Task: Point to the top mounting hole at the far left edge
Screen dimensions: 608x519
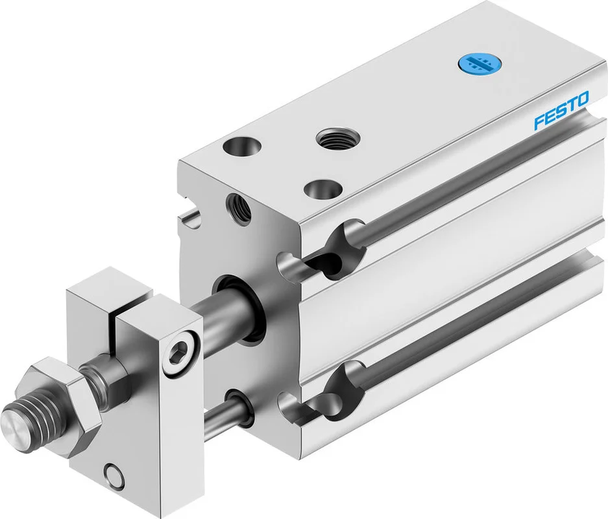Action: coord(241,147)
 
